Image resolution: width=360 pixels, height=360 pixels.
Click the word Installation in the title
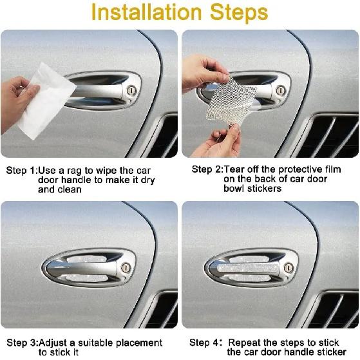(146, 12)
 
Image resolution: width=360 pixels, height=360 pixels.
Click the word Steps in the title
(239, 14)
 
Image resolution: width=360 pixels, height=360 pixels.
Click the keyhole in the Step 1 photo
(131, 90)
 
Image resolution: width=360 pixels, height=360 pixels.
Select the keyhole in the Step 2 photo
(281, 90)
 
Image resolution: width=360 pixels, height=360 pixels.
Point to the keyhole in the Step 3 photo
(126, 268)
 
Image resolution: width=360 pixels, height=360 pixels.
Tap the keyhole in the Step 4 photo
(289, 268)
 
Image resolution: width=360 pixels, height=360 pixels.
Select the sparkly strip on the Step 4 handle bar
(248, 268)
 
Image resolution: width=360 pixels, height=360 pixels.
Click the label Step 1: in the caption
(22, 171)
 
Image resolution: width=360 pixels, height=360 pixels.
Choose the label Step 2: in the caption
(207, 169)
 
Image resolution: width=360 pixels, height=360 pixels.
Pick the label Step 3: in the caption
(23, 343)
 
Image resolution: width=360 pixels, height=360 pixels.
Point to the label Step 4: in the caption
(206, 343)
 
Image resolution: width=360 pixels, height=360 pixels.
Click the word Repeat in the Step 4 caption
(244, 343)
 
